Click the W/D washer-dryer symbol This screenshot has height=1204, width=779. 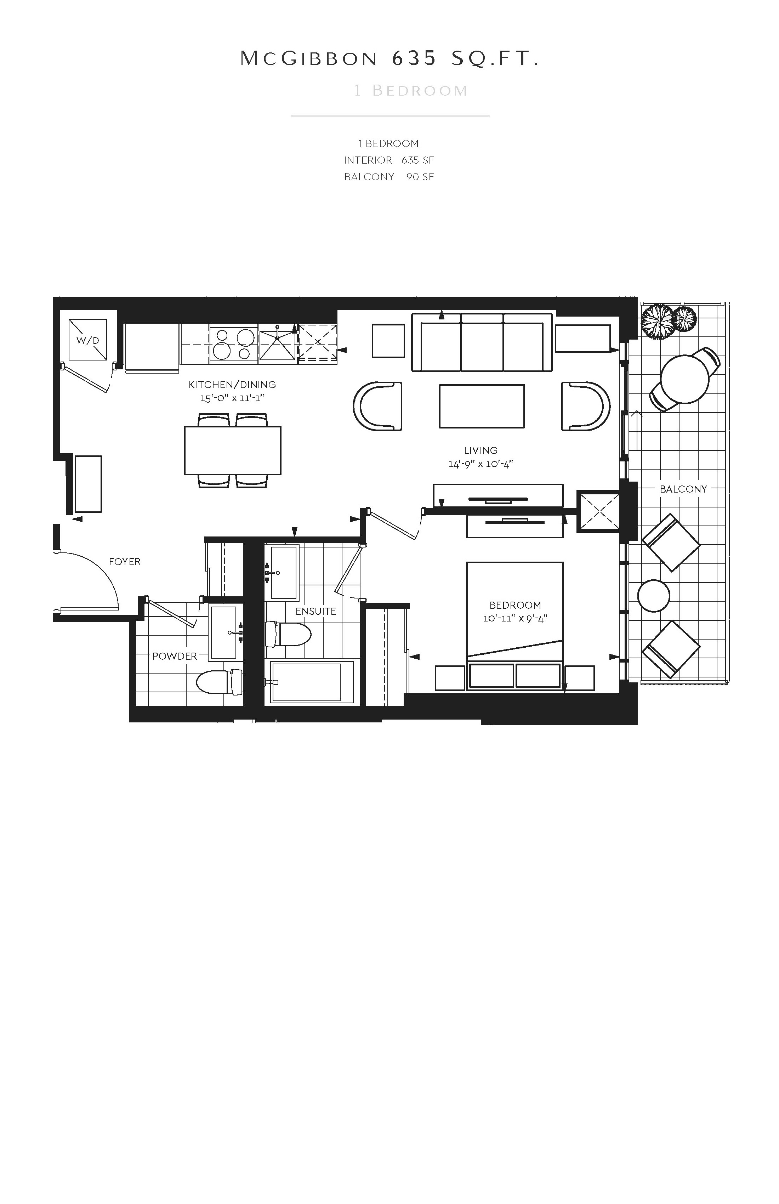87,340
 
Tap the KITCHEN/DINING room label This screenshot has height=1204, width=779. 232,385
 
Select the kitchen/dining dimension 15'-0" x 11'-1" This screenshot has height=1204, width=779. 232,398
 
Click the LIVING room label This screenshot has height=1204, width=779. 481,450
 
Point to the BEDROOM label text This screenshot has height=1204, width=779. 515,605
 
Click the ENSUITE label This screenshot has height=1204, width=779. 315,611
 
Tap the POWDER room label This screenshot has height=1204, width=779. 175,656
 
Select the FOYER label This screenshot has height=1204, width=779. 124,562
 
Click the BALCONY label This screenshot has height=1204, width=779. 683,489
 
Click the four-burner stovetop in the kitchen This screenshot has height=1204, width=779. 234,344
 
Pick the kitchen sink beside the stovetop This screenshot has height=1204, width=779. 278,343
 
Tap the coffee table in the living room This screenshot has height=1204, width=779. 482,406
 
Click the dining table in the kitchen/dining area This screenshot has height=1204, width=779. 233,450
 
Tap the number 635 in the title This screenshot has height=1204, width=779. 414,59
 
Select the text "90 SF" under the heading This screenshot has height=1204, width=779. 420,177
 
